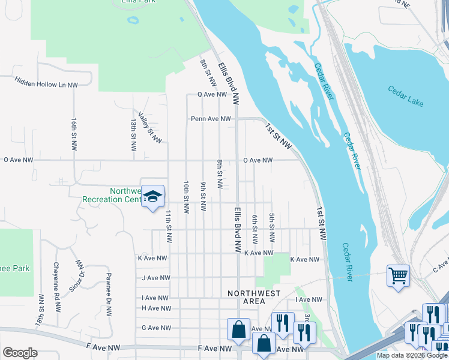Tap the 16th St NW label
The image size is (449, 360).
[x=74, y=133]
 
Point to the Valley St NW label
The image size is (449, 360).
[x=149, y=127]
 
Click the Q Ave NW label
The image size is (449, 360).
[x=212, y=95]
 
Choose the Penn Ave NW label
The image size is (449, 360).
[x=211, y=119]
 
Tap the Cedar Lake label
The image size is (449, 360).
[x=406, y=96]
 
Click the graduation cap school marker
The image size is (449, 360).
[x=152, y=196]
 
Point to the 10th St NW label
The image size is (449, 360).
[x=187, y=197]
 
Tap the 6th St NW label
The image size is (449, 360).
[x=255, y=229]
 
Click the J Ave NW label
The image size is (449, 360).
[x=156, y=278]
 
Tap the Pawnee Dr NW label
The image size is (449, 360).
[x=109, y=295]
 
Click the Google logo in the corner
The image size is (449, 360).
[x=20, y=353]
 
